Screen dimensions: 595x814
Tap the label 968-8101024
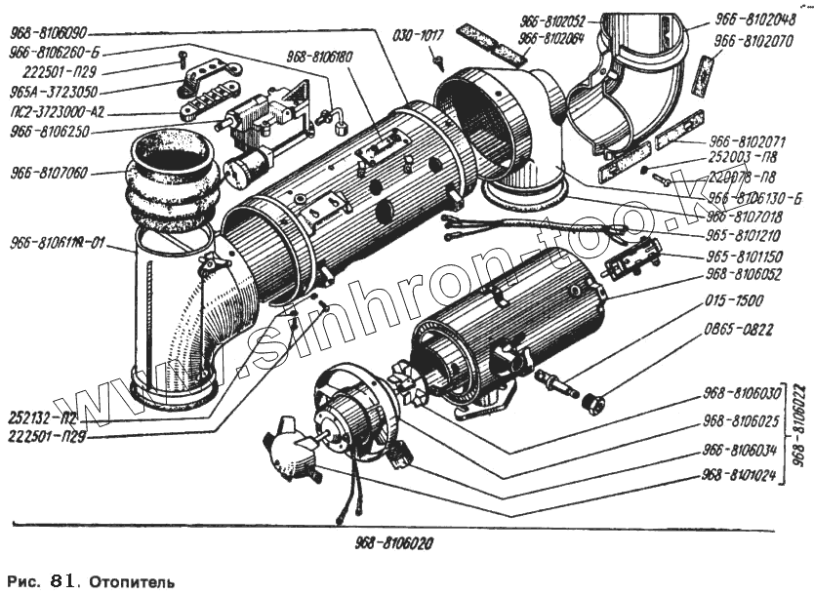coord(741,477)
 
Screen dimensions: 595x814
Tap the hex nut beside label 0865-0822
coord(591,401)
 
